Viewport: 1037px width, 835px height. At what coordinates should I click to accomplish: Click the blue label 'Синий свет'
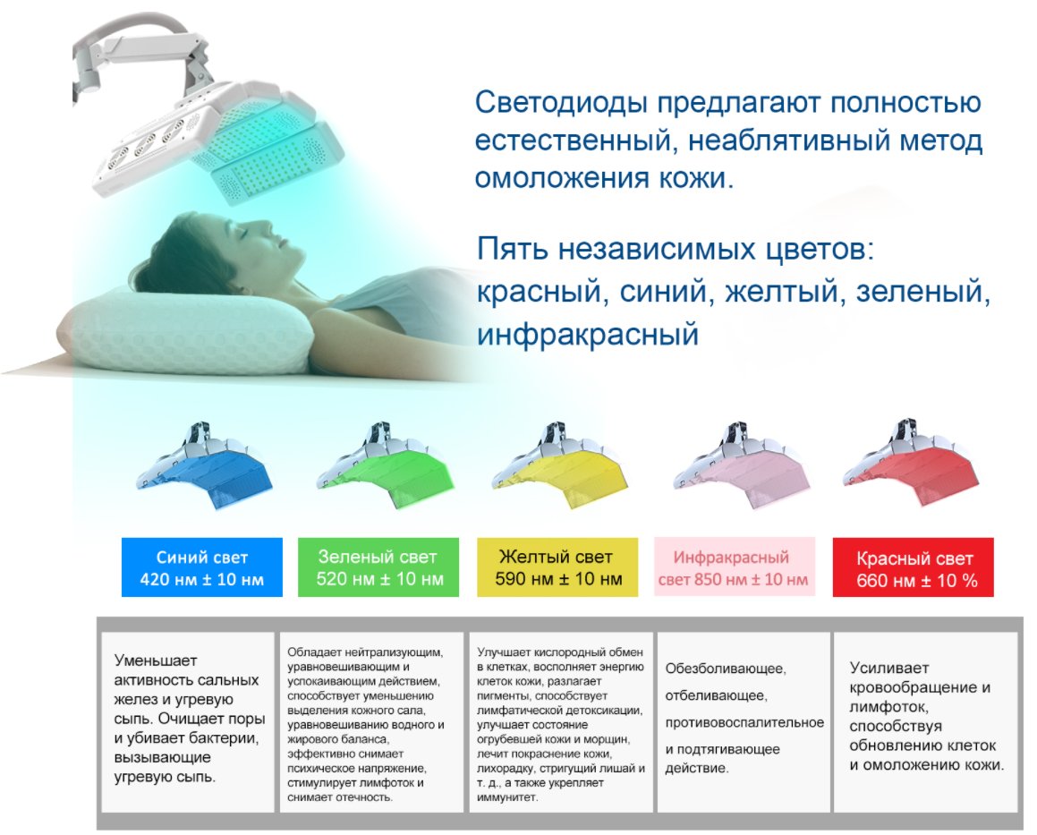(x=201, y=567)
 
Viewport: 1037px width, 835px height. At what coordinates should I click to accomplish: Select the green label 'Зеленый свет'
(x=378, y=567)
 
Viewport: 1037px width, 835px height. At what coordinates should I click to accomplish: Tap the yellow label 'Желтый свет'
(x=557, y=567)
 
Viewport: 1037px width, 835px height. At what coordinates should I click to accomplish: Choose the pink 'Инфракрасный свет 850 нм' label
(x=734, y=567)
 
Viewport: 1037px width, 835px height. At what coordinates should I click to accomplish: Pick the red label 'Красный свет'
(x=914, y=567)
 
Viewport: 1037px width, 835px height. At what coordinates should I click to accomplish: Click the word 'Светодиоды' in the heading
(x=562, y=103)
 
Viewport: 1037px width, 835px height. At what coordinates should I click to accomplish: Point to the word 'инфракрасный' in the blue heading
(x=588, y=334)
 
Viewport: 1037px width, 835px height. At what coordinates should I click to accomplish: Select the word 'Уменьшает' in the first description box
(x=156, y=660)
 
